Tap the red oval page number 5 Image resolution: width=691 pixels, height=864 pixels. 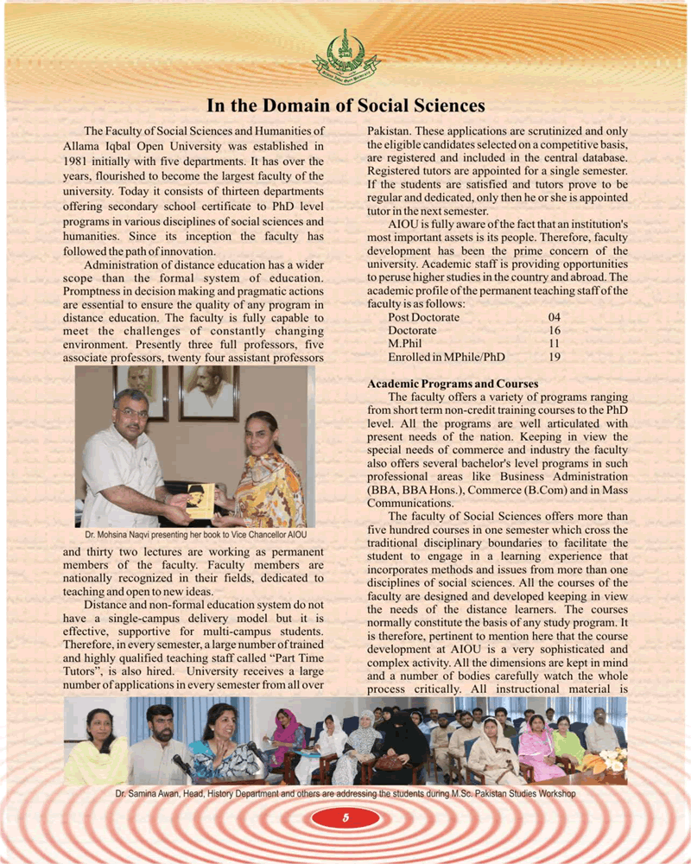345,818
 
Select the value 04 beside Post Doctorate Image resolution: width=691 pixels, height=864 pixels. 555,318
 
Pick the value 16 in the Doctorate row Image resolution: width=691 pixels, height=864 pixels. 555,331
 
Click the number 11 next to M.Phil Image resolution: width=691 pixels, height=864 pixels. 555,343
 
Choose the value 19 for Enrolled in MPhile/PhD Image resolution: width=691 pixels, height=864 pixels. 555,356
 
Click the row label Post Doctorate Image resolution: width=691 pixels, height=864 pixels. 423,318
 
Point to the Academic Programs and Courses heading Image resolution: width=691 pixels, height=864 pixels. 453,383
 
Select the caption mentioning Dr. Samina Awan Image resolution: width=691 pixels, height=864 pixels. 345,792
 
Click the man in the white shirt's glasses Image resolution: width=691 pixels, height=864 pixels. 132,413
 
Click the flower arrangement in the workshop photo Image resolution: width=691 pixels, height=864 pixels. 612,761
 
